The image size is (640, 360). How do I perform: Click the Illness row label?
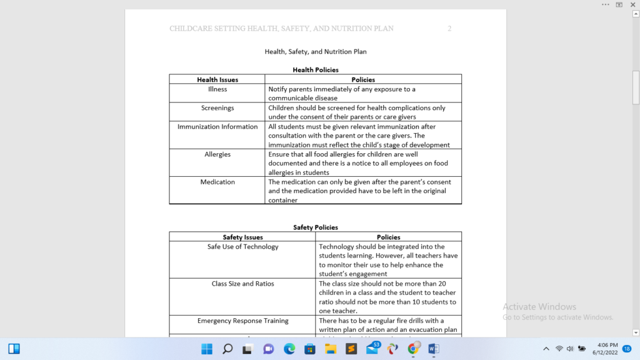[x=217, y=89]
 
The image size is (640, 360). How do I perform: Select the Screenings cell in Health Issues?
[x=217, y=108]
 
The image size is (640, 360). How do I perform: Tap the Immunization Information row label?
[x=217, y=127]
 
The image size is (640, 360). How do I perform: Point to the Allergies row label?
[x=217, y=154]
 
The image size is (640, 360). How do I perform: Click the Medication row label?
[x=217, y=182]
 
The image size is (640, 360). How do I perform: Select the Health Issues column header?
[x=217, y=80]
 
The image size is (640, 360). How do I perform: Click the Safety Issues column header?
[x=243, y=237]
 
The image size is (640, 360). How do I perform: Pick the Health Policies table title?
[x=316, y=70]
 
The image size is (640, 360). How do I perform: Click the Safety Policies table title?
[x=316, y=227]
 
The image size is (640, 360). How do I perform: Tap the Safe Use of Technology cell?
[x=243, y=247]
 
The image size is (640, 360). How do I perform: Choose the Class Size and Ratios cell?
[x=243, y=284]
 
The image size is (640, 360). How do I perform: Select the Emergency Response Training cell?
[x=243, y=321]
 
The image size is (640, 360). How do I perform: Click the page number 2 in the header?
[x=449, y=29]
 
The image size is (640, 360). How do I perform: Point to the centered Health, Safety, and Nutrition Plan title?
[x=316, y=52]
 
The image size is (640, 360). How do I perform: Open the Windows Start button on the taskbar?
[x=207, y=349]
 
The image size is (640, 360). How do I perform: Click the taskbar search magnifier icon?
[x=227, y=349]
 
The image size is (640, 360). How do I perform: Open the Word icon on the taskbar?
[x=434, y=349]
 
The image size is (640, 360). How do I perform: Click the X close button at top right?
[x=632, y=4]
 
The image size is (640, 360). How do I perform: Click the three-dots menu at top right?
[x=605, y=4]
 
